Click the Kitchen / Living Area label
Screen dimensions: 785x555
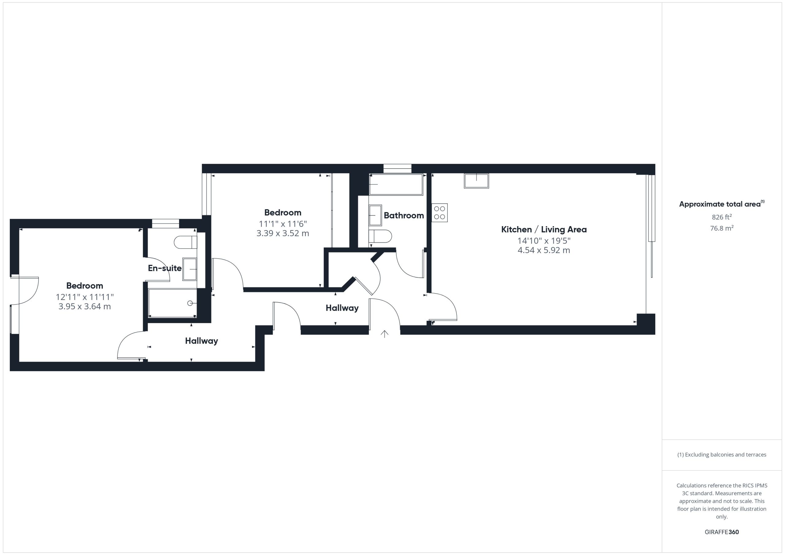[x=544, y=229]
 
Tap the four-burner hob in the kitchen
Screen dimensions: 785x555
[x=439, y=213]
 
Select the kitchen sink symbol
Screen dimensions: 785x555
[x=476, y=181]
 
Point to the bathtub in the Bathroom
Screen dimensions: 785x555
[x=396, y=184]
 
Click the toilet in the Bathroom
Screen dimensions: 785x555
[x=380, y=236]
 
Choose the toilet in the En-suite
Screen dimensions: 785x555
[x=185, y=242]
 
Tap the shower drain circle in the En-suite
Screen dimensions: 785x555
[x=190, y=303]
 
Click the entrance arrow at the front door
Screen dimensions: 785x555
[x=385, y=334]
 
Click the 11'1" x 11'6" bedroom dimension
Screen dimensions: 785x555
[x=283, y=224]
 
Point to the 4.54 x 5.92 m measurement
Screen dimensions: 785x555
[x=544, y=250]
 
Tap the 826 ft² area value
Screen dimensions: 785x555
[x=722, y=217]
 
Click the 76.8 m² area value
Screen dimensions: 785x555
[x=722, y=228]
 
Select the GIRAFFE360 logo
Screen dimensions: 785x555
[x=722, y=532]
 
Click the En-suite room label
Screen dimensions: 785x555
[x=164, y=268]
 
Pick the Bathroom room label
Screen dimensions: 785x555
[x=404, y=215]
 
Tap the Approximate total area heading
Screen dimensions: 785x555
[x=722, y=204]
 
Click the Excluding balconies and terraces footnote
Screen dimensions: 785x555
[x=722, y=454]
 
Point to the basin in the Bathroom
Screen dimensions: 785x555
[x=375, y=215]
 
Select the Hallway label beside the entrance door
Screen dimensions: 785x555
[x=342, y=308]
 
